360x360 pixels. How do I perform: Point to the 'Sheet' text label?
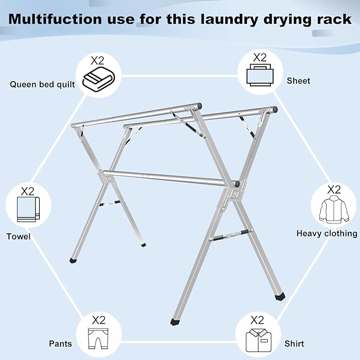pyautogui.click(x=298, y=81)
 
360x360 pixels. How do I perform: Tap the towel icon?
pyautogui.click(x=28, y=210)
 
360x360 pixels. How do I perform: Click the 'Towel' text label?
pyautogui.click(x=19, y=236)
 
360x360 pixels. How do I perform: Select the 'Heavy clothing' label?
pyautogui.click(x=327, y=233)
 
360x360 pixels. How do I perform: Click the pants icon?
pyautogui.click(x=99, y=338)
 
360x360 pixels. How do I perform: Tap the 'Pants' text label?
pyautogui.click(x=60, y=344)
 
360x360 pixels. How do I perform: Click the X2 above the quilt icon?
pyautogui.click(x=99, y=60)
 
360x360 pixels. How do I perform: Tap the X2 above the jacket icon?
pyautogui.click(x=333, y=189)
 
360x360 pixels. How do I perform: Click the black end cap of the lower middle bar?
pyautogui.click(x=237, y=183)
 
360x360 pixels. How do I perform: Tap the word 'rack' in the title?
pyautogui.click(x=332, y=19)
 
